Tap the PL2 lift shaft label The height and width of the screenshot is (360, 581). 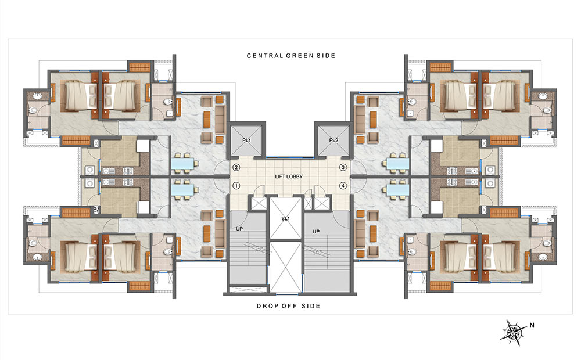pyautogui.click(x=333, y=141)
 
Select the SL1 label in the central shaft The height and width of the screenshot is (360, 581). pyautogui.click(x=285, y=219)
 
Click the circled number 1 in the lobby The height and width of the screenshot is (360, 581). pyautogui.click(x=236, y=186)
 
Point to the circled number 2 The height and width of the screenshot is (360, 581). pyautogui.click(x=236, y=168)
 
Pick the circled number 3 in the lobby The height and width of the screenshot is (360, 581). pyautogui.click(x=343, y=168)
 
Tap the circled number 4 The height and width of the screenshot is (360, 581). pyautogui.click(x=343, y=186)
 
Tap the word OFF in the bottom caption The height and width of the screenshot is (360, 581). pyautogui.click(x=293, y=305)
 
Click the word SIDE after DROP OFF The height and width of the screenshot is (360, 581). pyautogui.click(x=312, y=305)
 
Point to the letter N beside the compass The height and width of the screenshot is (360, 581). pyautogui.click(x=531, y=326)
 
